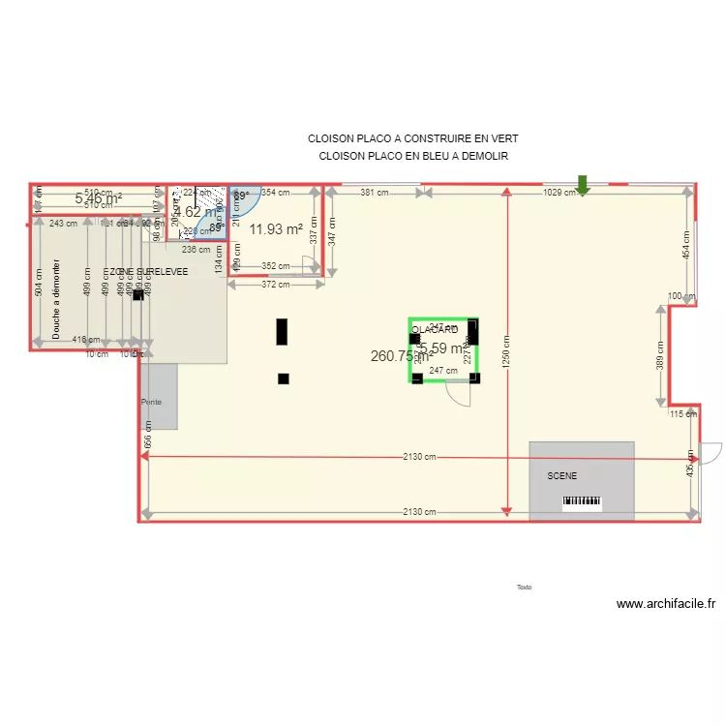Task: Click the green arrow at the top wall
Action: (x=583, y=184)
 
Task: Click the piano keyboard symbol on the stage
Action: (x=582, y=502)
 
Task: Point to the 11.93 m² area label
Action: (x=276, y=229)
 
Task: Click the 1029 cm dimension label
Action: (x=559, y=193)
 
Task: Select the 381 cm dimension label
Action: (x=374, y=193)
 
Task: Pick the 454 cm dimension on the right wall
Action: (x=686, y=245)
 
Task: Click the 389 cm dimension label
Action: (x=660, y=355)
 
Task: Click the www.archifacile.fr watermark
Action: (x=667, y=604)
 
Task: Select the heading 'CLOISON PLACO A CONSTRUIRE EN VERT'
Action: (x=413, y=139)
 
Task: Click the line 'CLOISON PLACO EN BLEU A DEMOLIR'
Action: (x=413, y=156)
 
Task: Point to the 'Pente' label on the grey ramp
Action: (x=151, y=402)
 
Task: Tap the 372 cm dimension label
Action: (x=276, y=285)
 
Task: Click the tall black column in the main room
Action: (x=282, y=332)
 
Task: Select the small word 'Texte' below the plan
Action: (x=525, y=587)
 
